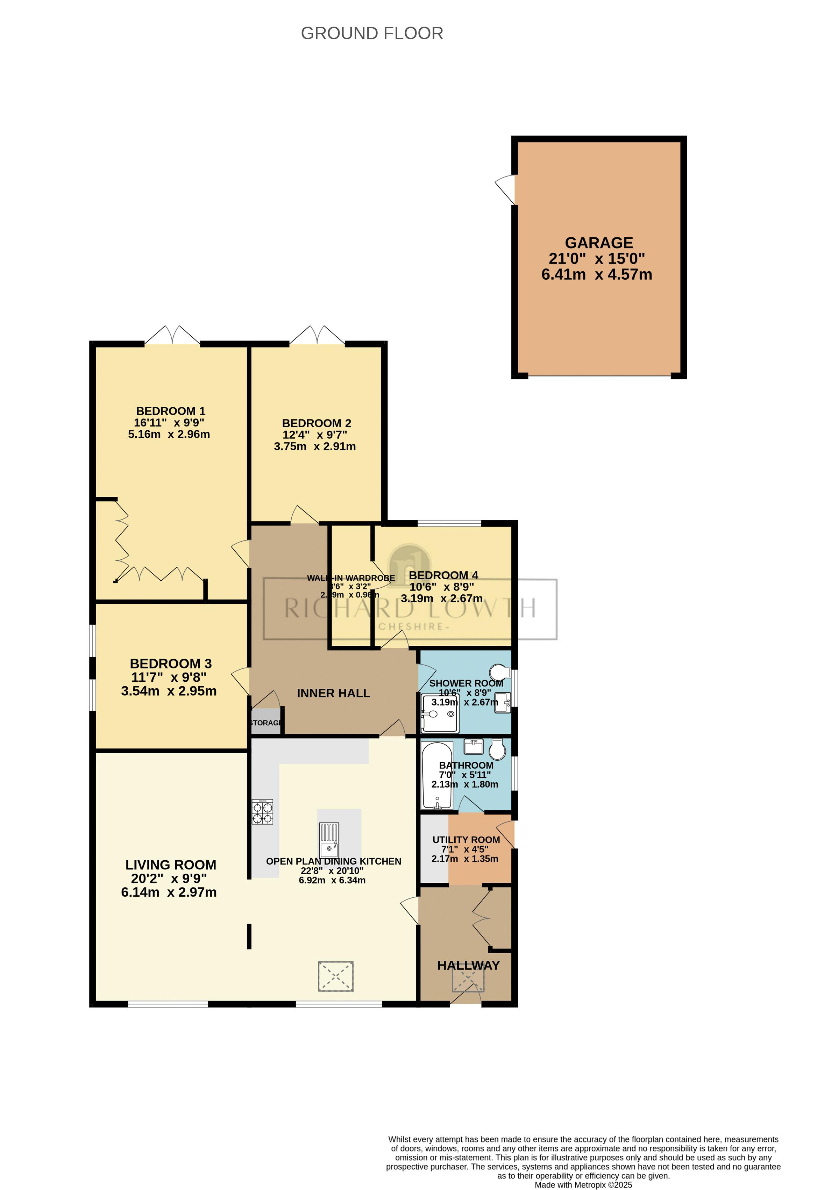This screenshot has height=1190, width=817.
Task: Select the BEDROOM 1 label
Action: pyautogui.click(x=171, y=411)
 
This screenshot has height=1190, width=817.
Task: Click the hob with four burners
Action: pyautogui.click(x=262, y=812)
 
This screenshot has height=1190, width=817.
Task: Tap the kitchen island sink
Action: pyautogui.click(x=329, y=841)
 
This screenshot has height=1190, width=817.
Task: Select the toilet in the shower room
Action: pyautogui.click(x=499, y=671)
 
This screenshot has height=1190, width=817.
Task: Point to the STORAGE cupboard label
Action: pyautogui.click(x=266, y=723)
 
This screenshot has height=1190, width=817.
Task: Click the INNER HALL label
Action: pyautogui.click(x=333, y=693)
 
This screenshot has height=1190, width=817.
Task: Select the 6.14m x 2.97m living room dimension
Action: pyautogui.click(x=169, y=892)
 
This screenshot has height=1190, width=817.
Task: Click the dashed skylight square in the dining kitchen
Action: pyautogui.click(x=336, y=976)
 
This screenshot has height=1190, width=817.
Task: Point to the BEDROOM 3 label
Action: pyautogui.click(x=171, y=664)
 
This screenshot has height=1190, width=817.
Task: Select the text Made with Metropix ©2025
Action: pyautogui.click(x=583, y=1185)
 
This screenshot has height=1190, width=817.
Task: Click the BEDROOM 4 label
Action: pyautogui.click(x=443, y=575)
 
